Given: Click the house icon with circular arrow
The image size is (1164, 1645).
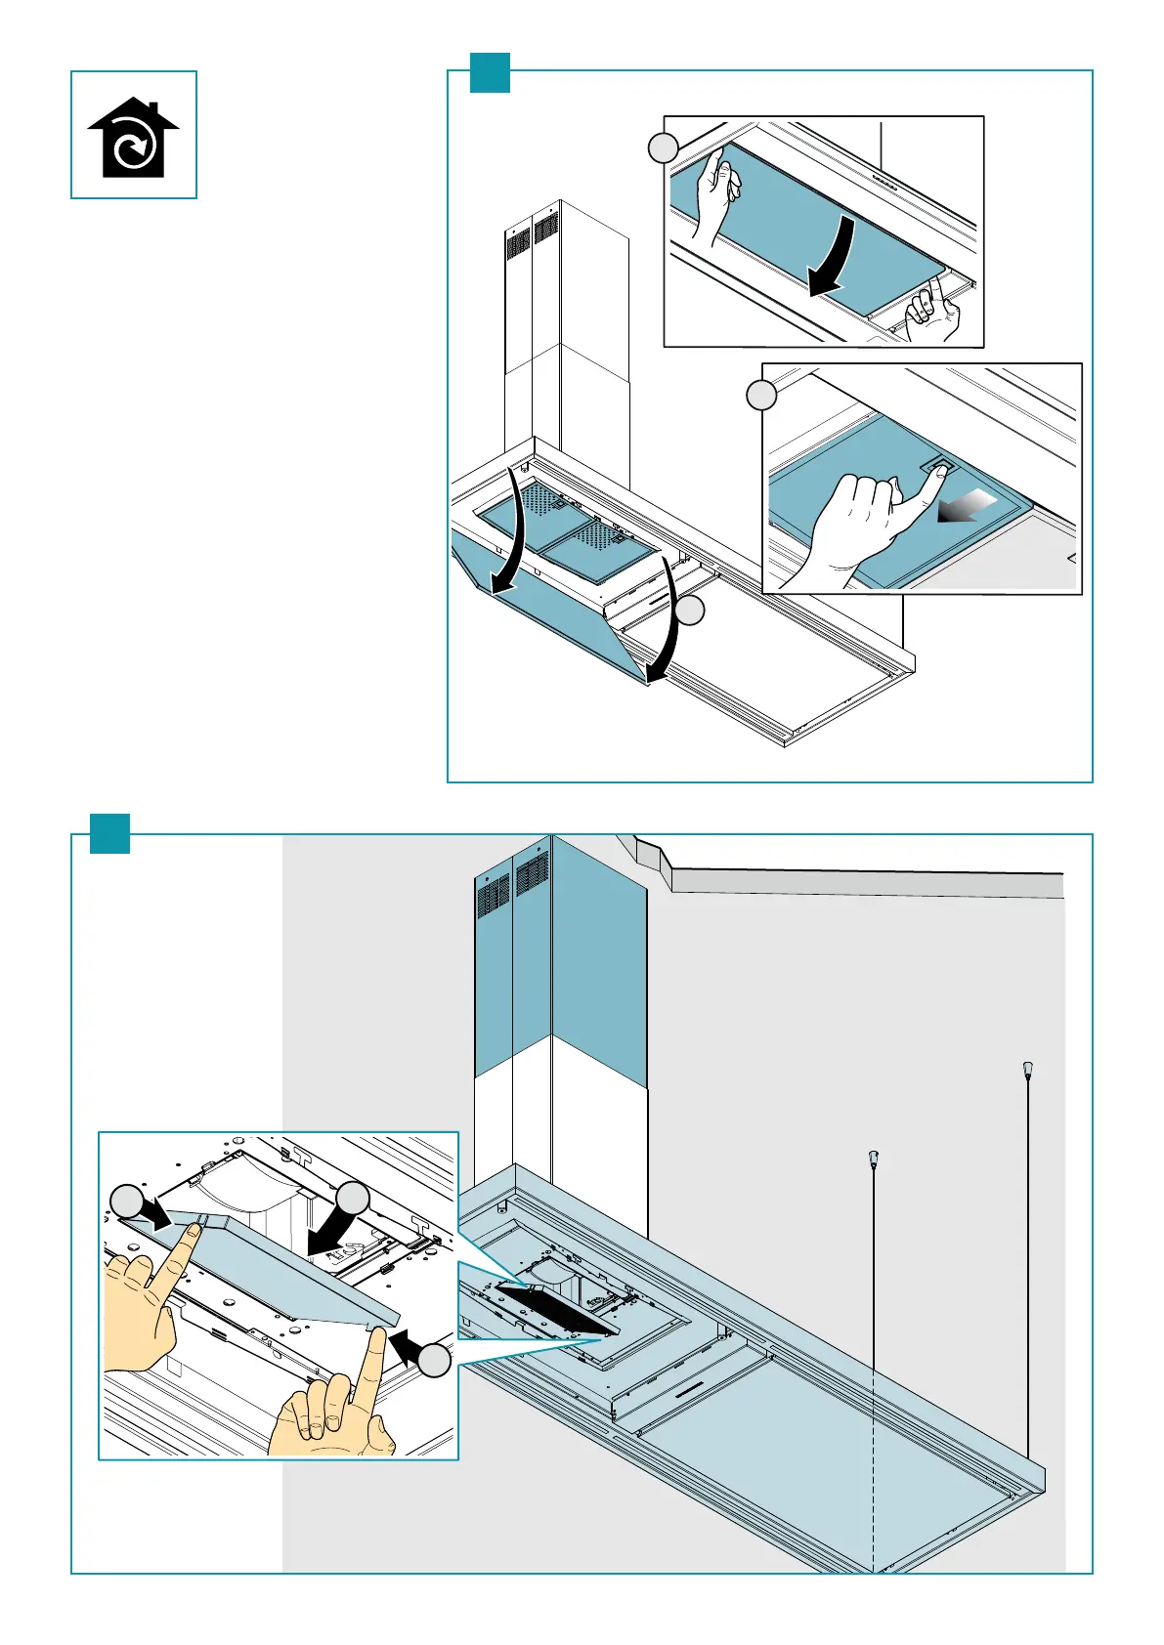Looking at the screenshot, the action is click(133, 137).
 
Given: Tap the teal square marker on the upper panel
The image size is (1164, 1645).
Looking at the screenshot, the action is click(490, 72).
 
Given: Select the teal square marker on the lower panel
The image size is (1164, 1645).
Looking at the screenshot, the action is click(109, 833).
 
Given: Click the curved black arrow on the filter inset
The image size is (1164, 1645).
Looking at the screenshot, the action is click(832, 257).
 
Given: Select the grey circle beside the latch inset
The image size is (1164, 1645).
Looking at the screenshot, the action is click(761, 396).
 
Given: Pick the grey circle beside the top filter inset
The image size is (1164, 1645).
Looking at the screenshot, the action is click(664, 148).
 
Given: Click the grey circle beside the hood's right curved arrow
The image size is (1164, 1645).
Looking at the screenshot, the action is click(690, 612).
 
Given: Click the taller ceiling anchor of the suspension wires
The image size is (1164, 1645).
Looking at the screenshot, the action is click(1027, 1070).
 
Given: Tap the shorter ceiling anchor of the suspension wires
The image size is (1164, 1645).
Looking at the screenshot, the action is click(873, 1160).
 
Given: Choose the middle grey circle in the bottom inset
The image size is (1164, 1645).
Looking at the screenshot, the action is click(353, 1200).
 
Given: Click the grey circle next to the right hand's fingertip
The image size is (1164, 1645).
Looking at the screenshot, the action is click(436, 1361).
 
